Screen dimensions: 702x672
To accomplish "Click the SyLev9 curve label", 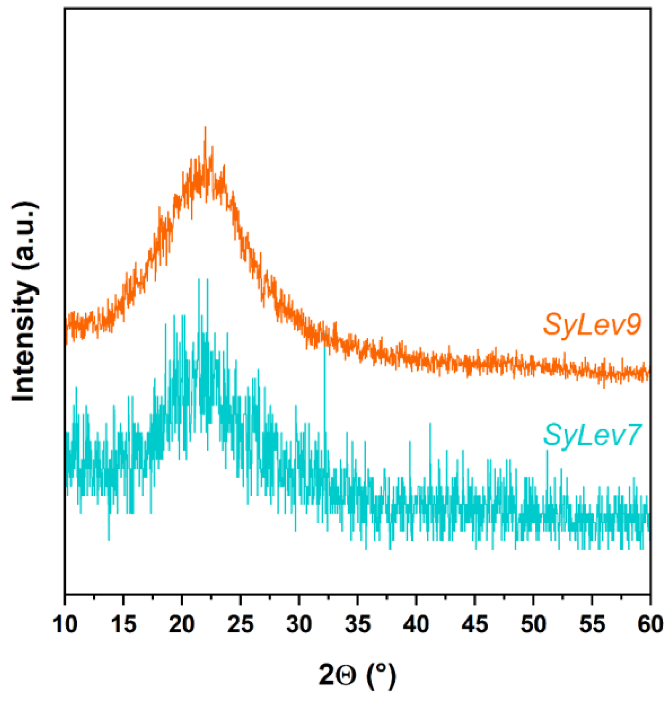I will pos(592,324).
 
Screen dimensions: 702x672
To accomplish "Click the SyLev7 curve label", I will pos(592,435).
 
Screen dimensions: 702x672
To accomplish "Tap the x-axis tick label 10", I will pos(65,625).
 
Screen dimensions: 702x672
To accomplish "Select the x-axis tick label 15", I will pos(124,625).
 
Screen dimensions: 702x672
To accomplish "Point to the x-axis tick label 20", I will pos(182,625).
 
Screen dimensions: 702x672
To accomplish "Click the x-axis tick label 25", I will pos(241,625).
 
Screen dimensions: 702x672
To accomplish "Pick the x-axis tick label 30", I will pos(299,625).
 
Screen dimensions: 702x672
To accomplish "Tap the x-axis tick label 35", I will pos(358,625).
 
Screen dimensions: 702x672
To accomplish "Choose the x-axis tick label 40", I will pos(416,625).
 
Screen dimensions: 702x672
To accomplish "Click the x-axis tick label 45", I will pos(475,625).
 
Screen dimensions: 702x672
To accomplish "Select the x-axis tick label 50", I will pos(533,625).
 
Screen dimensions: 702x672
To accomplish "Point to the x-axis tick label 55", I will pos(592,625).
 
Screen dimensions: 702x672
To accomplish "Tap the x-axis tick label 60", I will pos(650,625).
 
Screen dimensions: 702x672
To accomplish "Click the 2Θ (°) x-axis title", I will pos(357,675).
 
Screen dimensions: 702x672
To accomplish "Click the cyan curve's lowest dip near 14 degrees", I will pos(109,539).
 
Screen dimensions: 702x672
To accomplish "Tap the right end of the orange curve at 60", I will pos(649,373).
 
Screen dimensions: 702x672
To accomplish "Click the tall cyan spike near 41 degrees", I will pos(430,424).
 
